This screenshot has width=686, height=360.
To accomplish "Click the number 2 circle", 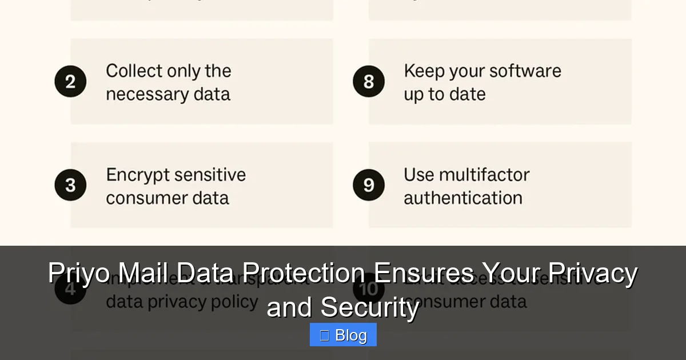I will [x=70, y=82].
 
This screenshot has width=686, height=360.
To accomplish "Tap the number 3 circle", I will [x=70, y=185].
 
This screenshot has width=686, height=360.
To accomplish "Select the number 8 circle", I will [x=368, y=82].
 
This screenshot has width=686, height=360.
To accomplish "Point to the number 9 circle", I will [x=368, y=185].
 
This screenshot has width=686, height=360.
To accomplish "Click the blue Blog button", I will [x=343, y=335].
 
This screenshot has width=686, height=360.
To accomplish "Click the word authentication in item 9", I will [x=463, y=198].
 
